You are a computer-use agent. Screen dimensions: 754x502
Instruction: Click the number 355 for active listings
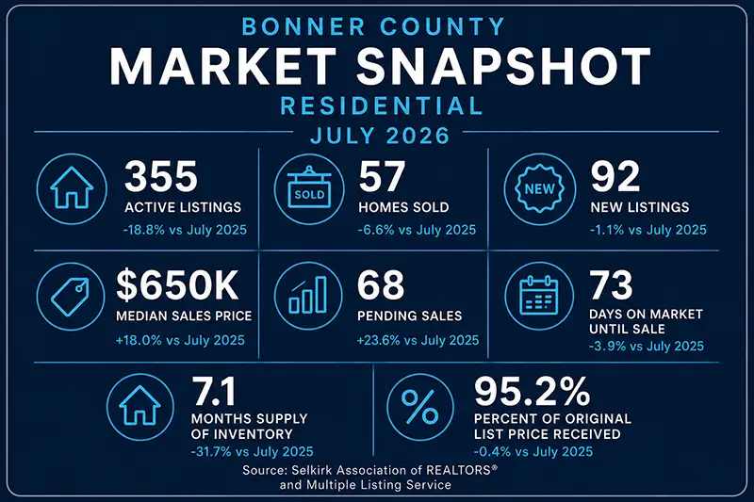(x=160, y=176)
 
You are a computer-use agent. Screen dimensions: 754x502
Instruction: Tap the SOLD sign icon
(x=309, y=188)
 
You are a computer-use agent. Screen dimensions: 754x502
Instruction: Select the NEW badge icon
(x=539, y=188)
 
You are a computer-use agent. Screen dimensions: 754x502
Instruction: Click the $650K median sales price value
(x=177, y=285)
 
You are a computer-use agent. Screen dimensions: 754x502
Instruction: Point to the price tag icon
(x=70, y=296)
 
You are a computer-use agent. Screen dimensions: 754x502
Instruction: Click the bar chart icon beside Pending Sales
(x=308, y=296)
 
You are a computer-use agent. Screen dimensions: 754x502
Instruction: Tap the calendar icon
(x=539, y=296)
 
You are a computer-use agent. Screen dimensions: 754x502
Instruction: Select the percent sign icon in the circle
(x=419, y=407)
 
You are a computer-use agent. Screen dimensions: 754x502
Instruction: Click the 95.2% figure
(x=532, y=392)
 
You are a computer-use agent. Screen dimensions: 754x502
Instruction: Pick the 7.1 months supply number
(x=214, y=392)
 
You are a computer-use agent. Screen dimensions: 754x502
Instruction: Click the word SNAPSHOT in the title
(x=503, y=65)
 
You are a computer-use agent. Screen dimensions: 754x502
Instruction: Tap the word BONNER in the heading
(x=303, y=26)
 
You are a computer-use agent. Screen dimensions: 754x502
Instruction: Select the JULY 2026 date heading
(x=380, y=135)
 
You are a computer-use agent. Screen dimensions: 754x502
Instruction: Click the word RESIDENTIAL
(x=382, y=105)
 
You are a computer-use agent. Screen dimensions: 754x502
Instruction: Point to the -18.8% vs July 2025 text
(x=185, y=230)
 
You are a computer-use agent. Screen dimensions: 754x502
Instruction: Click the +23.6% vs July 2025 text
(x=418, y=340)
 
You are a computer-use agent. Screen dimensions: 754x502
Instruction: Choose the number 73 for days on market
(x=611, y=284)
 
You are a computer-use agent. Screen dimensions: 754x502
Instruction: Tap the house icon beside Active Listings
(x=72, y=188)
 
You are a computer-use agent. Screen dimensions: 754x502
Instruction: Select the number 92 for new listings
(x=615, y=176)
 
